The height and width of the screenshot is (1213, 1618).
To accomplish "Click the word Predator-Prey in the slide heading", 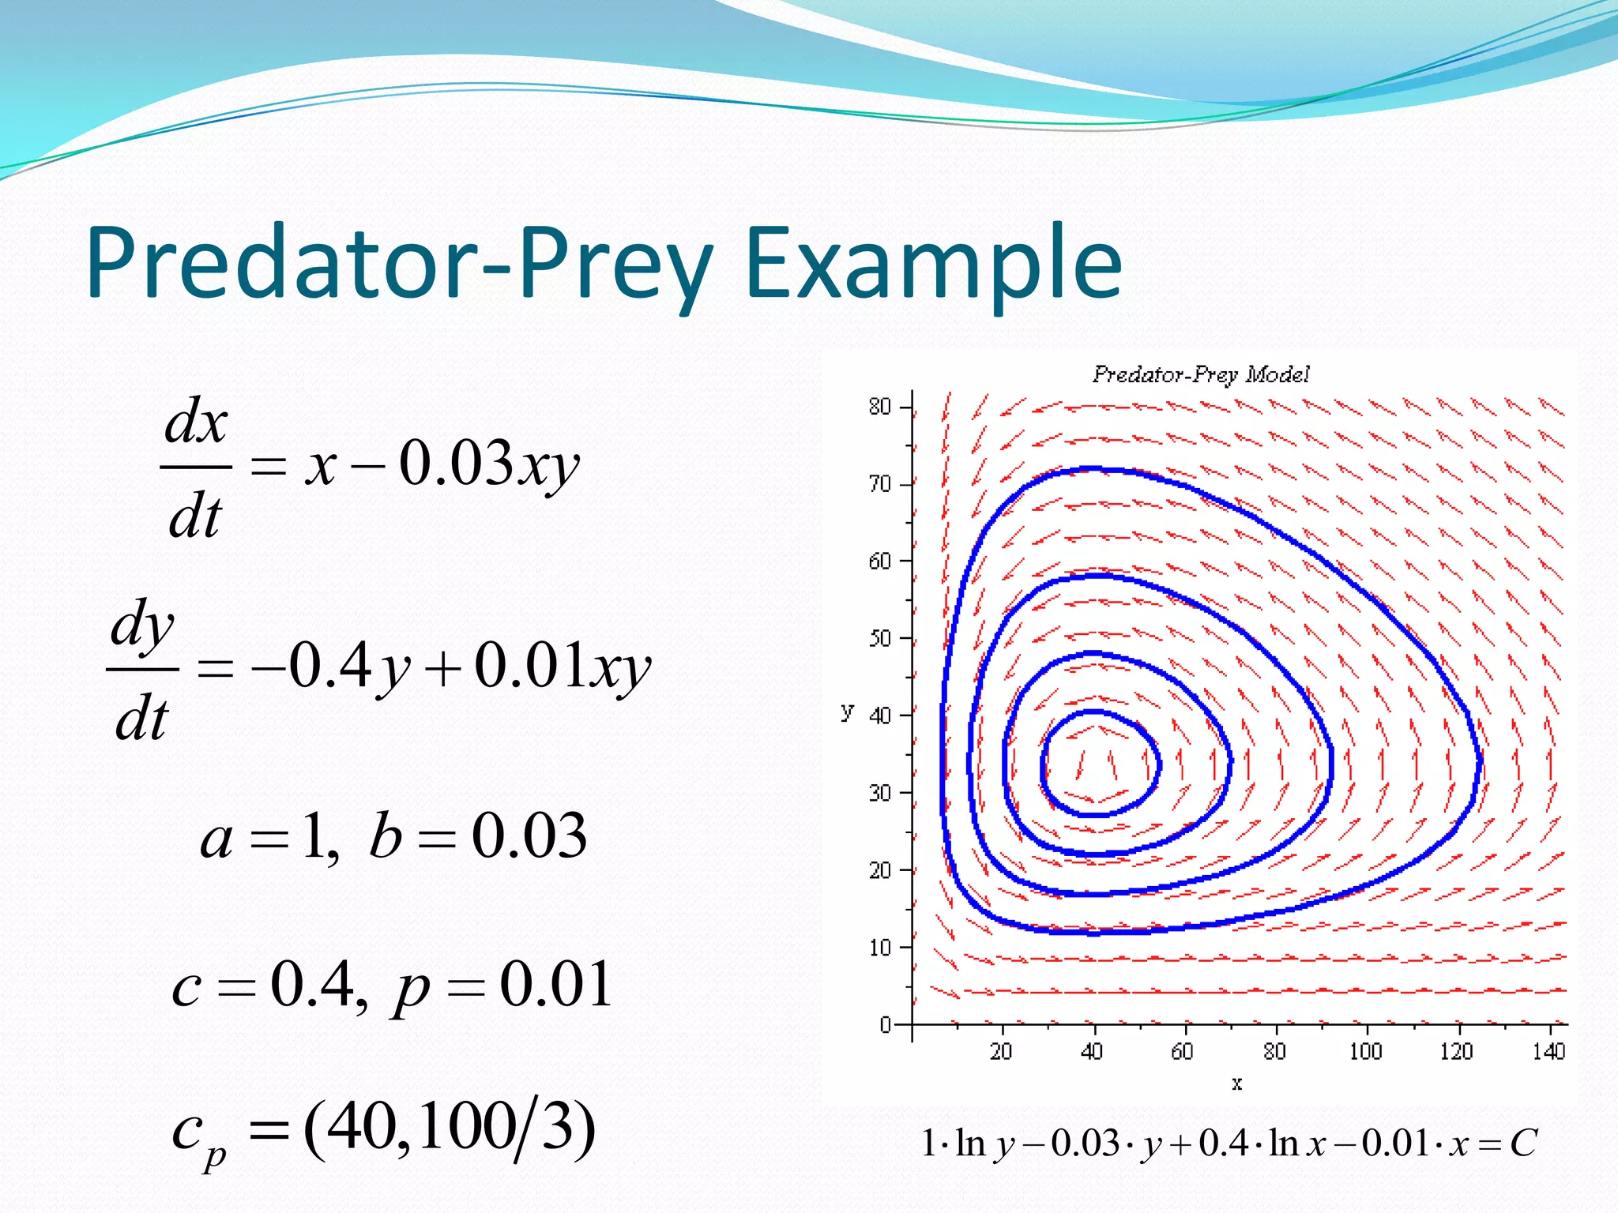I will click(x=399, y=265).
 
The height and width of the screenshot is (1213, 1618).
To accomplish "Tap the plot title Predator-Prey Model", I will click(x=1201, y=374).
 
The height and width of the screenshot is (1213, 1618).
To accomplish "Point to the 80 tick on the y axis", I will click(x=879, y=407).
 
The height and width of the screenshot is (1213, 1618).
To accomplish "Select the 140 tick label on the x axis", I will click(x=1548, y=1051).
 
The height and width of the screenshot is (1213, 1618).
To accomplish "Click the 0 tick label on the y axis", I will click(x=886, y=1024).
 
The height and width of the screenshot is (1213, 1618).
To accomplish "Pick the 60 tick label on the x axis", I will click(x=1182, y=1051).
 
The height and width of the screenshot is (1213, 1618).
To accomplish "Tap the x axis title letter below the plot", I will click(x=1237, y=1083).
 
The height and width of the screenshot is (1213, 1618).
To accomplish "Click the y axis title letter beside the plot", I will click(x=847, y=711).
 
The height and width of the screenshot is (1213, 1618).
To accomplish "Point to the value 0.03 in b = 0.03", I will click(x=529, y=836).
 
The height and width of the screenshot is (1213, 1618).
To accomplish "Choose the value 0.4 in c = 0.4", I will click(x=312, y=984).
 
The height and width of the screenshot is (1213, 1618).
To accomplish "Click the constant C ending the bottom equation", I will click(x=1523, y=1143).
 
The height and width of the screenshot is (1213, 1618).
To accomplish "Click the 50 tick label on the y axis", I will click(x=879, y=638).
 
